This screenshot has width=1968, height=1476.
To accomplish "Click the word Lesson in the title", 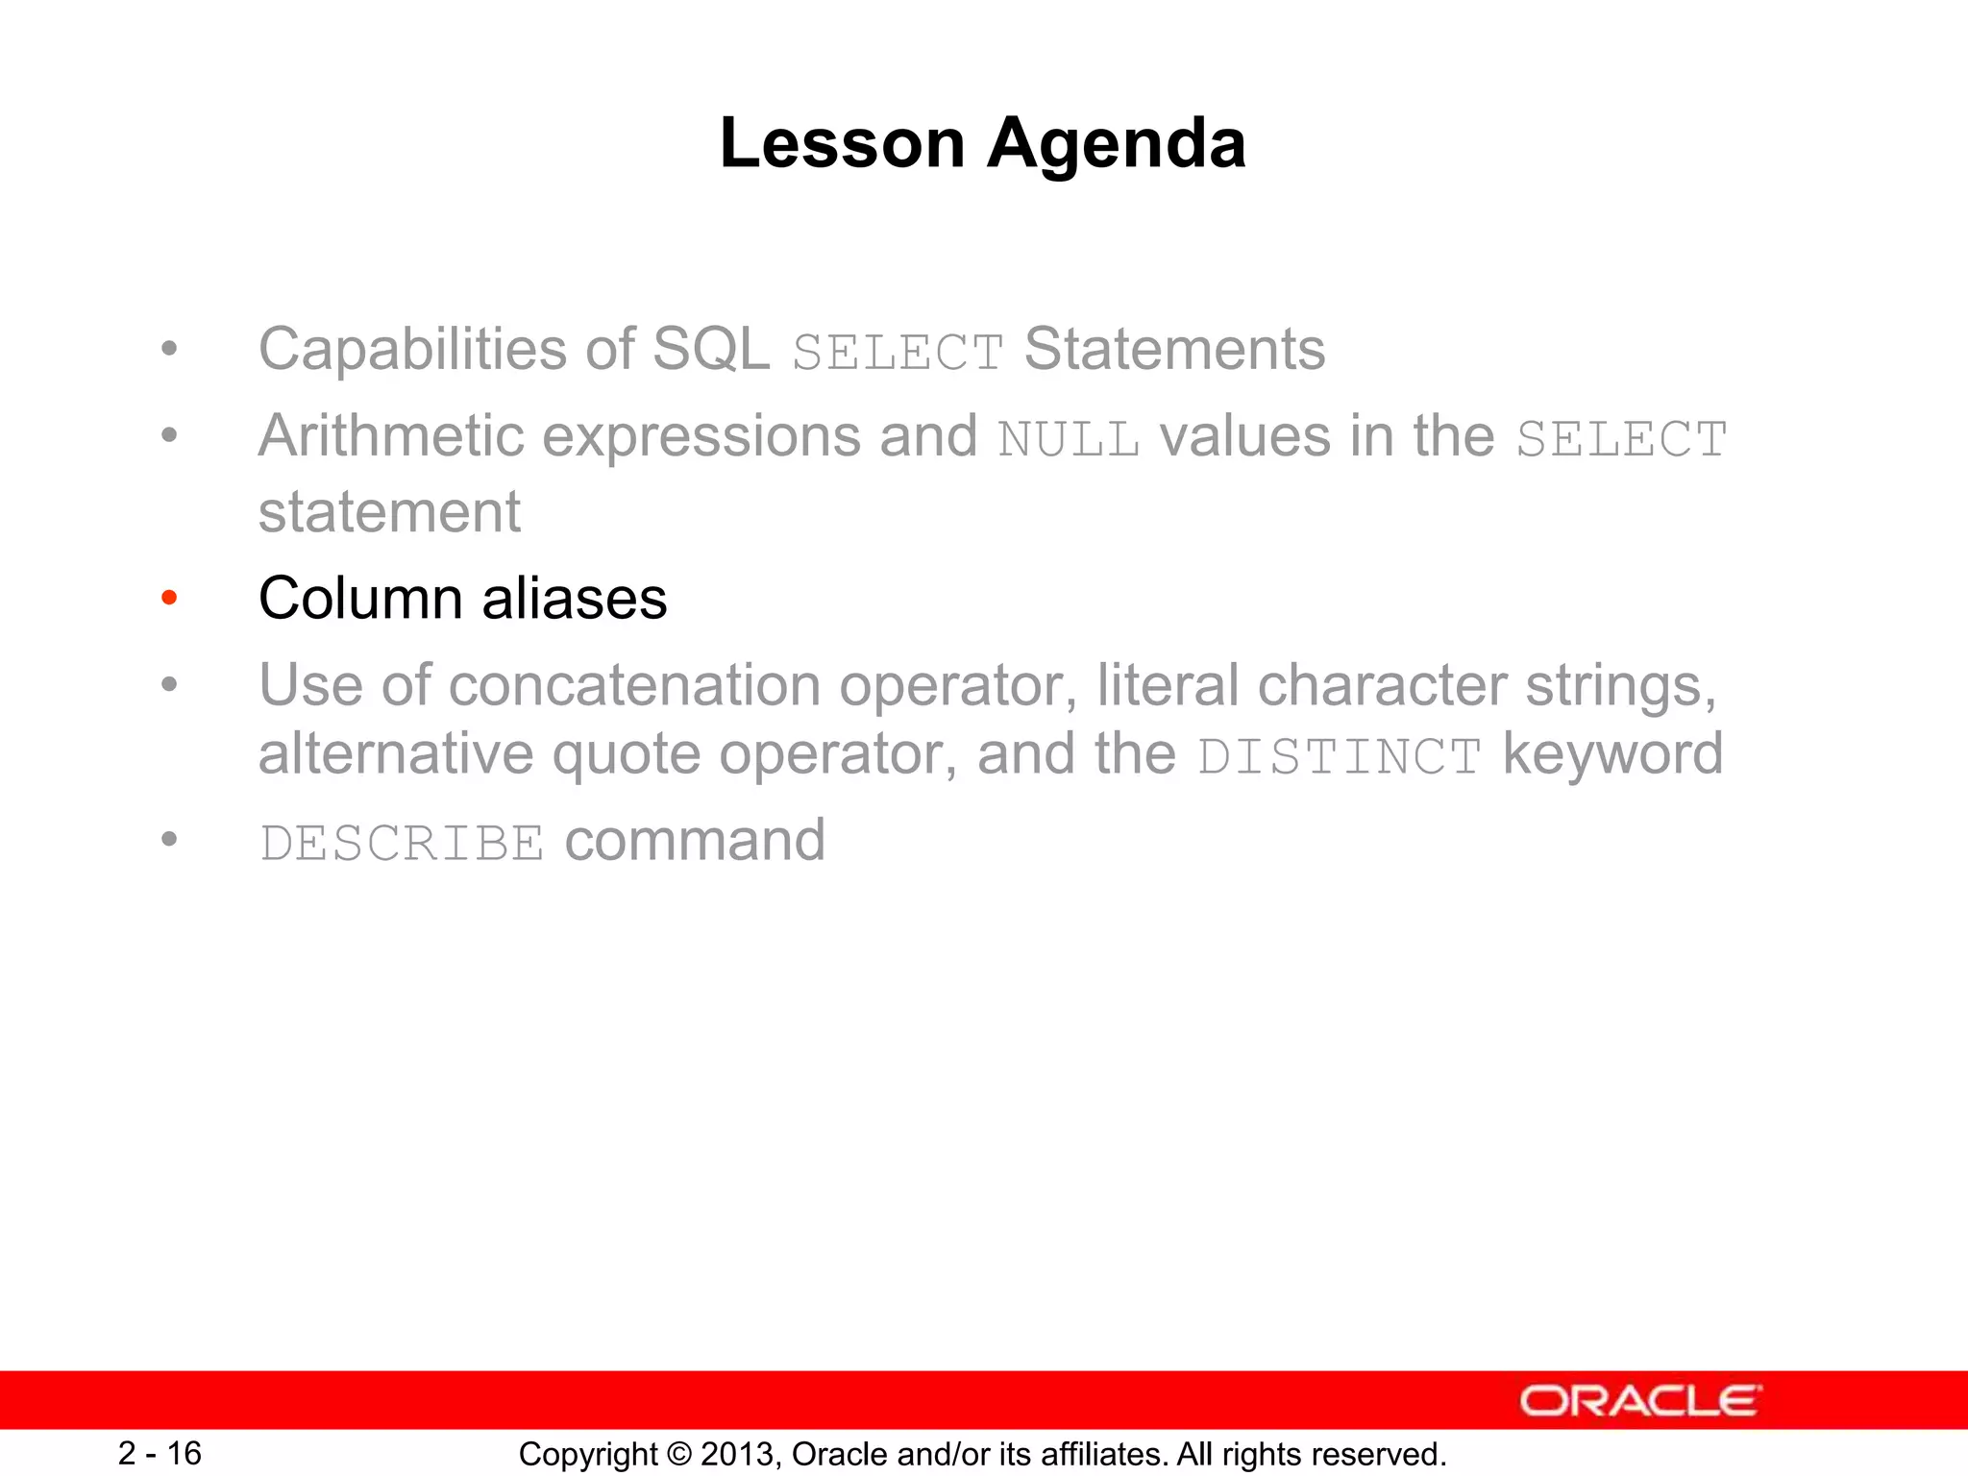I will click(842, 143).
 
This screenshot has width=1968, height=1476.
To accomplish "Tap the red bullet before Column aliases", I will click(170, 599).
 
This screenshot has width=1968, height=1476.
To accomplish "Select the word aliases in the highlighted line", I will click(574, 599).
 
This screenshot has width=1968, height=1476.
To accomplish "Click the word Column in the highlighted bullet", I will click(360, 599).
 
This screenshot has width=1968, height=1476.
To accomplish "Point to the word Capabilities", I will click(413, 350).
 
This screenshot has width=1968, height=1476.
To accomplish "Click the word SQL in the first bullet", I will click(710, 350).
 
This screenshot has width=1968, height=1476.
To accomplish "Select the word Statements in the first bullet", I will click(1174, 350).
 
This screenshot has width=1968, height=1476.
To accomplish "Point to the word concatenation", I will click(633, 686).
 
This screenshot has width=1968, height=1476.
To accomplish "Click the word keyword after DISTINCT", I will click(1612, 754).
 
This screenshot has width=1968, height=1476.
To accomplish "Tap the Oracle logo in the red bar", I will click(1639, 1401).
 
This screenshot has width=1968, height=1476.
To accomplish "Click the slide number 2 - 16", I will click(160, 1453).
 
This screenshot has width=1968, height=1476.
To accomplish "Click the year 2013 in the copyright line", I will click(736, 1454).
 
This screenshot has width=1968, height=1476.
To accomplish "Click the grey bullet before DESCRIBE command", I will click(170, 840).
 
